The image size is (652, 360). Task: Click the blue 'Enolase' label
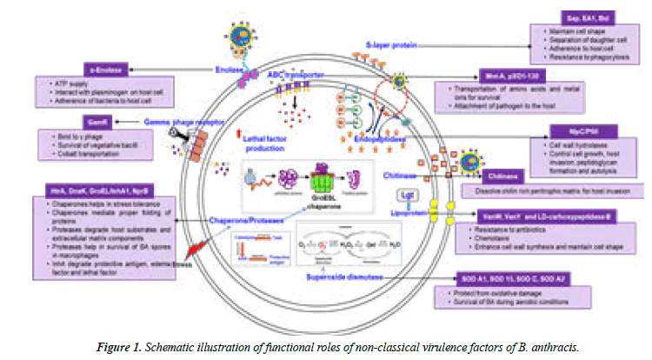pos(203,78)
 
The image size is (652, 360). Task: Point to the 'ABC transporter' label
pos(295,75)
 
